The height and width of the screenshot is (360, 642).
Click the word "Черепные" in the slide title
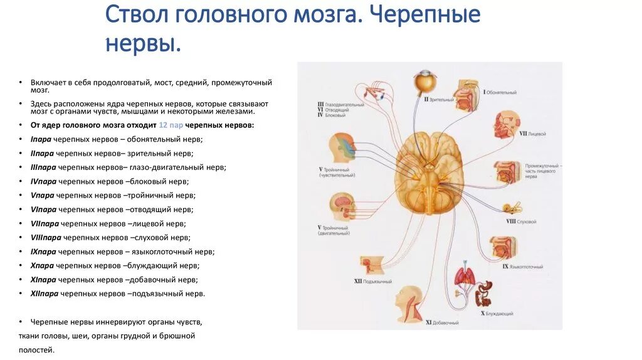[x=426, y=15]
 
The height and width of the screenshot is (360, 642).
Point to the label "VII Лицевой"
[x=532, y=134]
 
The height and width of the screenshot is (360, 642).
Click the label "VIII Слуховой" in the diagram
[x=520, y=221]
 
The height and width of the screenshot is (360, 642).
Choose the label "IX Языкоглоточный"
[x=522, y=267]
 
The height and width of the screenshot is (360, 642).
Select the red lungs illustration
[x=465, y=276]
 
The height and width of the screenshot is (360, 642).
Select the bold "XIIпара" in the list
[x=45, y=294]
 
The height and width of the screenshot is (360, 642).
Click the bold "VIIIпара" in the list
[x=45, y=238]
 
